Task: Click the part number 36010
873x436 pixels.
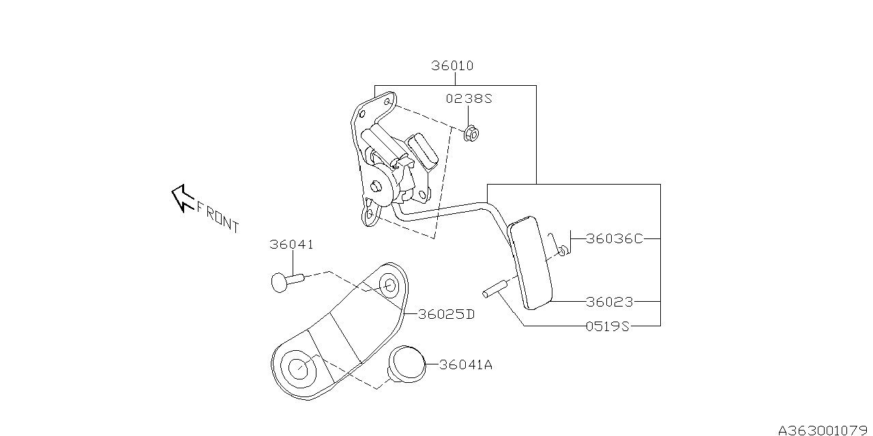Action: coord(452,66)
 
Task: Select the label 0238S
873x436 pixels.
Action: coord(469,99)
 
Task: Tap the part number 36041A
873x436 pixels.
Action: coord(465,365)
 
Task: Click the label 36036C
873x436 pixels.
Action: coord(615,239)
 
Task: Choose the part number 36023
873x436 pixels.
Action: coord(610,301)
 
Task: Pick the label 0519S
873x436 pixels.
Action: coord(607,326)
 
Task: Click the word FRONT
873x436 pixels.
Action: coord(218,216)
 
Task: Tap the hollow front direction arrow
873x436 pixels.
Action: coord(181,197)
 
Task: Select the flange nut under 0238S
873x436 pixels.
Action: coord(470,134)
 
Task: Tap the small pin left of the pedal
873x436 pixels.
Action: coord(492,290)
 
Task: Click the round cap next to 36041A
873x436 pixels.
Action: coord(407,362)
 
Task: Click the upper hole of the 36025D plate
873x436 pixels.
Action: coord(390,285)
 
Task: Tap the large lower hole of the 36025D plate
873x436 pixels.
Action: coord(298,368)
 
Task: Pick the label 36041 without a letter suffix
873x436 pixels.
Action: coord(291,245)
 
